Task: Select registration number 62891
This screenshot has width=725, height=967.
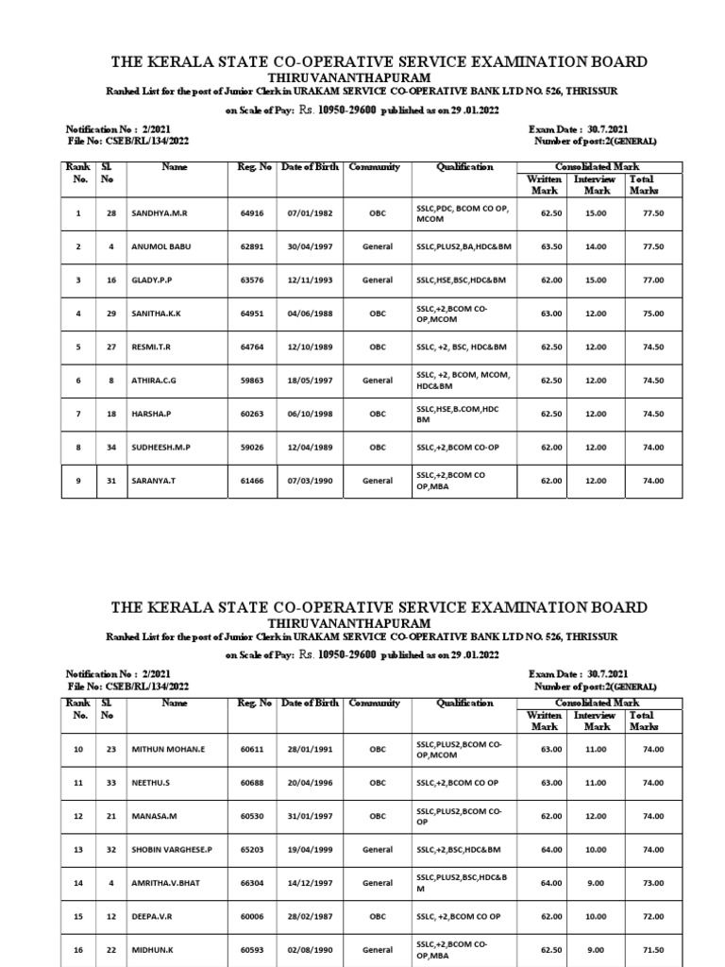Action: coord(255,247)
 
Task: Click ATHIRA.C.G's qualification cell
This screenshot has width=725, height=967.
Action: coord(463,381)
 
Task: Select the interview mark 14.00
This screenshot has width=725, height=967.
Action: coord(597,247)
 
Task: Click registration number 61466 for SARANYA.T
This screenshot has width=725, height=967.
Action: coord(255,481)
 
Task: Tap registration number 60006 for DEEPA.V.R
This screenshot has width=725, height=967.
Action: coord(255,917)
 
